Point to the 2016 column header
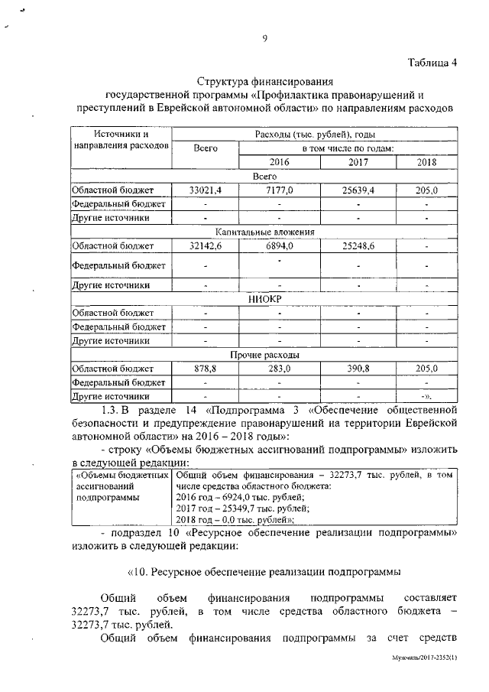280,162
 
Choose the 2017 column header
358,162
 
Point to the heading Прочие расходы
264,355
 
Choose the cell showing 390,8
358,369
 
